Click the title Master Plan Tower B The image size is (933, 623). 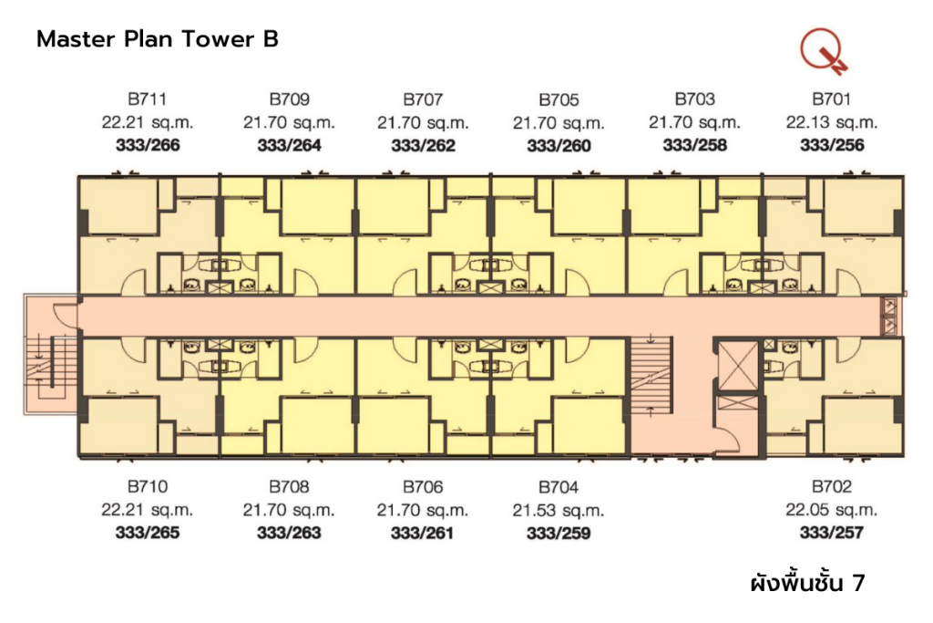pos(157,40)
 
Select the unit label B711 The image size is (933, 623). pos(147,99)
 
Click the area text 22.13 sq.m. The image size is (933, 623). pos(832,122)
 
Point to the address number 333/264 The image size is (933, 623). pos(289,145)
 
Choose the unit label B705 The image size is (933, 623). pos(558,99)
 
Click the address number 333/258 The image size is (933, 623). pos(694,145)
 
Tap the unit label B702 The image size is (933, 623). pos(832,487)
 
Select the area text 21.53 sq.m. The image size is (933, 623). pos(558,510)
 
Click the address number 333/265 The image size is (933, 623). pos(147,533)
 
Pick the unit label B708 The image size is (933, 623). pos(289,487)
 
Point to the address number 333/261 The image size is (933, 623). pos(422,533)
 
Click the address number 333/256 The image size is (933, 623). pos(832,145)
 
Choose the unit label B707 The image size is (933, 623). pos(422,99)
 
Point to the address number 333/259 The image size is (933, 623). pos(558,533)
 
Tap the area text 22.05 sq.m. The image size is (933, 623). pos(832,510)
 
